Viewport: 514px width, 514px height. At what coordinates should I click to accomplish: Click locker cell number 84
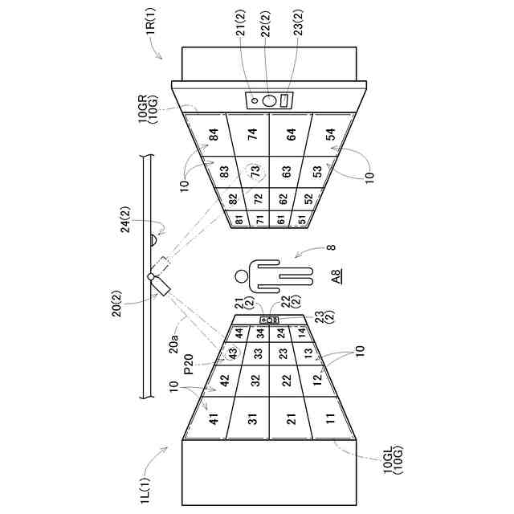[x=213, y=136]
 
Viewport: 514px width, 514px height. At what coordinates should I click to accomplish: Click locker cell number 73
[x=255, y=170]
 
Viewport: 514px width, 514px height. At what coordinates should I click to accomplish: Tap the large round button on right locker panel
[x=270, y=100]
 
